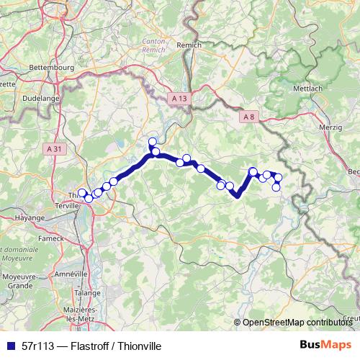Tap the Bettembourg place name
tap(50, 68)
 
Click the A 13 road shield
tap(180, 97)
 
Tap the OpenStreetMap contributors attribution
tap(296, 323)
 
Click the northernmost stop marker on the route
tap(152, 141)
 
